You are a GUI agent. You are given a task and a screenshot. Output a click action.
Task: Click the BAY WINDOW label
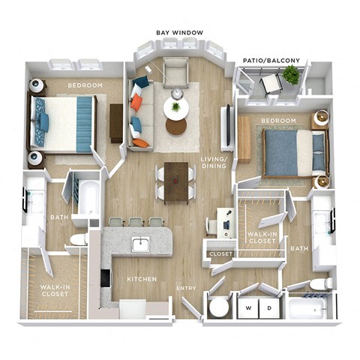[x=178, y=33]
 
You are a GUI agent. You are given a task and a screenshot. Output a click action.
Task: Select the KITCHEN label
[x=141, y=279]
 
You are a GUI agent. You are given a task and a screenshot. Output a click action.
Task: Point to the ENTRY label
[x=186, y=288]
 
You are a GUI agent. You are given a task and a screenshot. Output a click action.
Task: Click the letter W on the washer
[x=248, y=307]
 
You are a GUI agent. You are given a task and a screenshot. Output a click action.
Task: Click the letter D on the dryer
[x=266, y=307]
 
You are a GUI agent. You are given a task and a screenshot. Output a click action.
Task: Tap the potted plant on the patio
[x=291, y=74]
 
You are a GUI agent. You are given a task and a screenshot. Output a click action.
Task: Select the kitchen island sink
[x=140, y=244]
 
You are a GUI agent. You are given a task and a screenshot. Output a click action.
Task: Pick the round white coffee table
[x=175, y=109]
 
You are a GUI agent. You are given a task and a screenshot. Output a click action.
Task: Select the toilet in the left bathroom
[x=79, y=239]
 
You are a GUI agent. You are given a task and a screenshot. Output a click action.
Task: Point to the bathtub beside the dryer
[x=307, y=307]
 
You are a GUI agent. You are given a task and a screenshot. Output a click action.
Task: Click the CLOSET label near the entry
[x=221, y=253]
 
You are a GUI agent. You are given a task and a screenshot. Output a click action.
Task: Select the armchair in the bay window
[x=176, y=73]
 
